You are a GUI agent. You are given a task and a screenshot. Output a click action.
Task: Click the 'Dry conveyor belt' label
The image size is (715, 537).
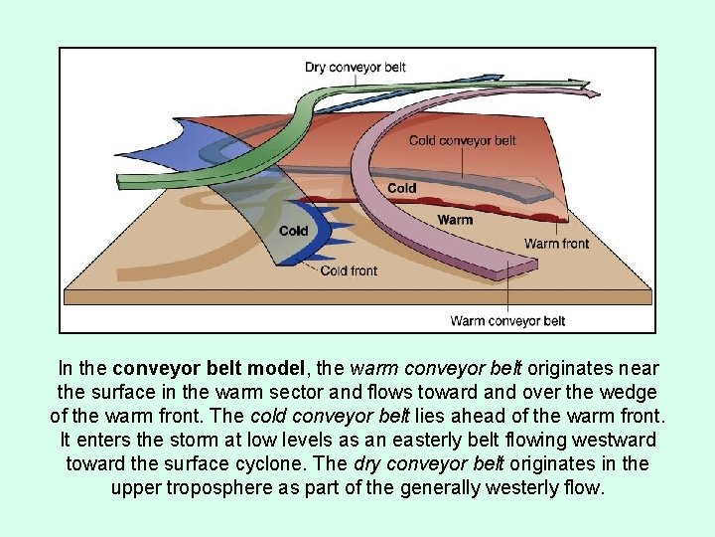[355, 68]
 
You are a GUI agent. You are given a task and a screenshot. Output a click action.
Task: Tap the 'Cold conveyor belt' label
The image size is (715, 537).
[462, 140]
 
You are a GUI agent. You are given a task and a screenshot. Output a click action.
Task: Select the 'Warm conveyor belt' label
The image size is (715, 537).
[507, 320]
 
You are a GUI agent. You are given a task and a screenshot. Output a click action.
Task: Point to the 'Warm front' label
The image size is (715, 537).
[556, 244]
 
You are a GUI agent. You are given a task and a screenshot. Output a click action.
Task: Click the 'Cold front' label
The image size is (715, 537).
[349, 270]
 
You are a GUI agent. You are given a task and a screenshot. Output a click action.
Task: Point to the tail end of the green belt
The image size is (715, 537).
[129, 180]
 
